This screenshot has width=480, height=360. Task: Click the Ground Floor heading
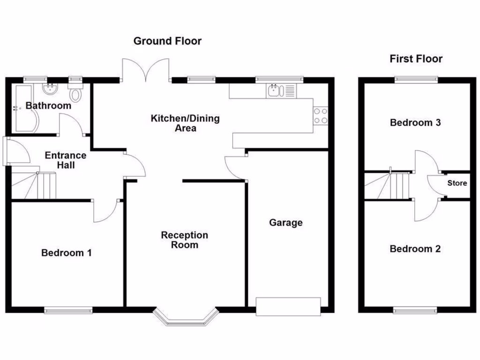tap(167, 41)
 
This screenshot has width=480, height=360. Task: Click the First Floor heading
tap(416, 59)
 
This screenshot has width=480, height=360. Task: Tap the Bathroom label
tap(48, 105)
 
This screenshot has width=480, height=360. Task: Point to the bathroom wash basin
tap(49, 89)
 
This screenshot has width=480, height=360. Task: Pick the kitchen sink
tap(274, 90)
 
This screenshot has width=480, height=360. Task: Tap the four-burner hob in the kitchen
tap(320, 116)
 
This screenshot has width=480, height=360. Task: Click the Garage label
tap(285, 223)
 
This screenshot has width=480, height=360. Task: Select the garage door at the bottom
tap(288, 306)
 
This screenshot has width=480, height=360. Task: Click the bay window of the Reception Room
tap(186, 317)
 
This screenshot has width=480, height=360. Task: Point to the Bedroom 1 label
tap(66, 253)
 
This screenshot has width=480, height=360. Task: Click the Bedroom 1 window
tap(68, 310)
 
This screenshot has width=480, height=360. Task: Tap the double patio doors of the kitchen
tap(145, 70)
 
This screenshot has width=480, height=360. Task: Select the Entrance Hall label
tap(65, 160)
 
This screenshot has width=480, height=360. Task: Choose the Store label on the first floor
tap(457, 183)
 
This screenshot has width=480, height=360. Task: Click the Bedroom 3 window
tap(416, 79)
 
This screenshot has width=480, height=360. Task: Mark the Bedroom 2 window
tap(415, 310)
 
